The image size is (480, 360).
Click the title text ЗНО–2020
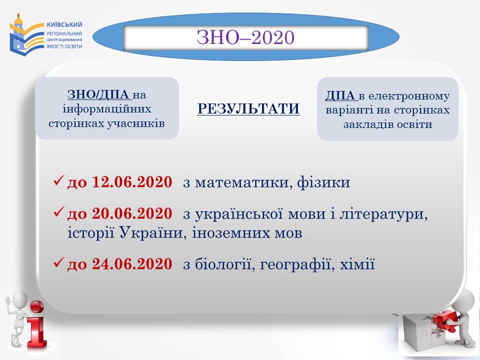point(245,37)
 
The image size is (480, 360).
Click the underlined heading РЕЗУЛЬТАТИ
point(248,108)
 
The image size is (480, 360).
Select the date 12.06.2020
point(132,182)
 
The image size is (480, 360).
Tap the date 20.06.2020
point(132,213)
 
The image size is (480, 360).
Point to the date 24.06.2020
point(132,264)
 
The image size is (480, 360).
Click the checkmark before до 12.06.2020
point(58,180)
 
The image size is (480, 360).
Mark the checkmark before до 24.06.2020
point(58,262)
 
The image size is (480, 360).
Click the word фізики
point(323,182)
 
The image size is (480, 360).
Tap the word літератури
point(383,214)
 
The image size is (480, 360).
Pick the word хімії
point(357,264)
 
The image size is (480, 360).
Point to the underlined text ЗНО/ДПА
point(99,94)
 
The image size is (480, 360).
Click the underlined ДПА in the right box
point(340,96)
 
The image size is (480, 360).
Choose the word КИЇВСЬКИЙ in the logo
point(64,24)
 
